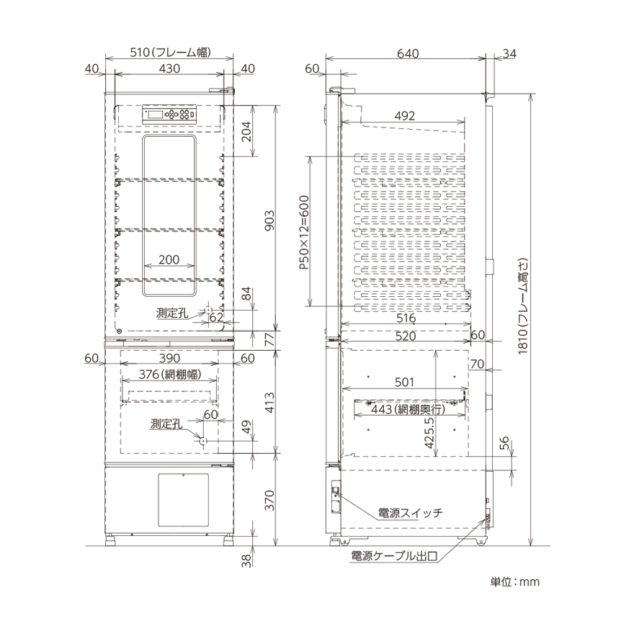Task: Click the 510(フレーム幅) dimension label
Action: tap(170, 53)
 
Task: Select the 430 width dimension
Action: tap(169, 68)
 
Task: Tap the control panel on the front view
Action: tap(169, 115)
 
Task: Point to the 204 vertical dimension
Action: tap(246, 131)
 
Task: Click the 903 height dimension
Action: tap(269, 220)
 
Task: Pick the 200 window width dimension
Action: tap(169, 259)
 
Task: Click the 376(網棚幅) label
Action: tap(170, 375)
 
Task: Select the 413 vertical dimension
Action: tap(269, 402)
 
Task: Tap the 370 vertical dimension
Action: tap(269, 500)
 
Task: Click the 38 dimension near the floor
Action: tap(246, 561)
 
